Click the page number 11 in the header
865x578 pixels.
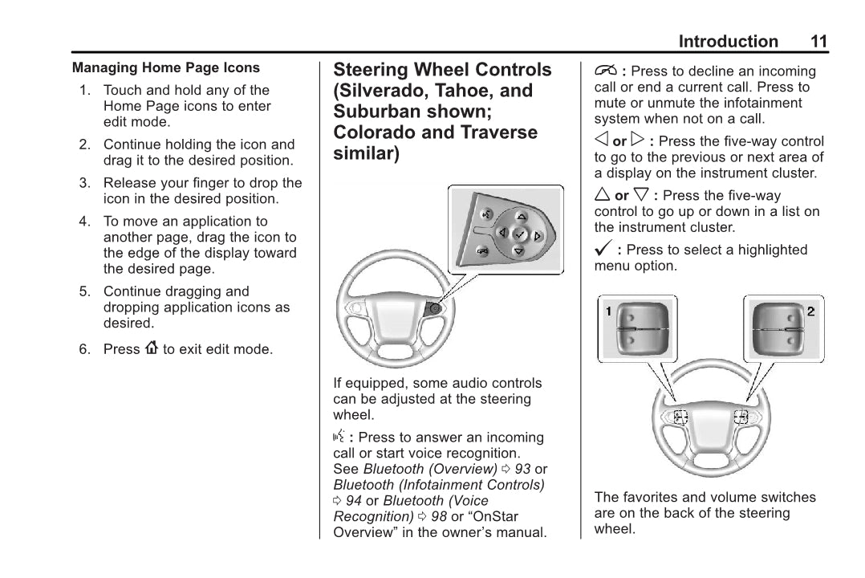pos(818,42)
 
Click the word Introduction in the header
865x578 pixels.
pos(728,42)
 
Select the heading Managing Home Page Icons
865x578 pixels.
pos(166,68)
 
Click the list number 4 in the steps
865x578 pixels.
pos(83,222)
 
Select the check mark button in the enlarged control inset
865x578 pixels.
pos(520,234)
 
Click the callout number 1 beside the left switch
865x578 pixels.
pos(609,311)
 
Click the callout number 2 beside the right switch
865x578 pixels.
pos(811,311)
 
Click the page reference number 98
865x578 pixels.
pos(438,515)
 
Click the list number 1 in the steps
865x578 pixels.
pos(84,91)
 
